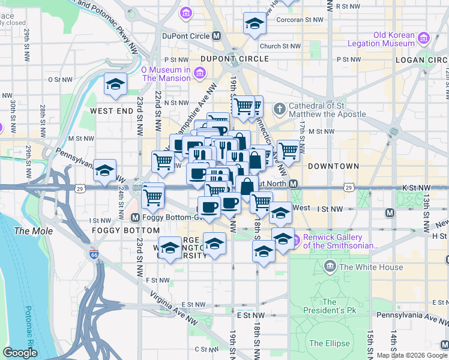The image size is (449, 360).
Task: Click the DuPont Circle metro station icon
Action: pyautogui.click(x=217, y=35)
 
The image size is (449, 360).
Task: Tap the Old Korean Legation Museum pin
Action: pyautogui.click(x=424, y=38)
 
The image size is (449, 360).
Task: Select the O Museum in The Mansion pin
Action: pyautogui.click(x=200, y=74)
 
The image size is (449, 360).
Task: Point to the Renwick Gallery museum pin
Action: pyautogui.click(x=295, y=241)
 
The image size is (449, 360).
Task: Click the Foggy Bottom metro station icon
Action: pyautogui.click(x=136, y=217)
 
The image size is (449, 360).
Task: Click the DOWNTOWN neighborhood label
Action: pyautogui.click(x=333, y=166)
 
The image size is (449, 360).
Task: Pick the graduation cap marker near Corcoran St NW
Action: pyautogui.click(x=255, y=25)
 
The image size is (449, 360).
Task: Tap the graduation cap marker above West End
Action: pyautogui.click(x=115, y=84)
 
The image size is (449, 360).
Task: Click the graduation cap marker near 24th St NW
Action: pyautogui.click(x=105, y=171)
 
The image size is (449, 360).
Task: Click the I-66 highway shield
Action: pyautogui.click(x=94, y=254)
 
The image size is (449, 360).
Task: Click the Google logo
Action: pyautogui.click(x=20, y=353)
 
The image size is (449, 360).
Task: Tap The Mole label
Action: pyautogui.click(x=34, y=231)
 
